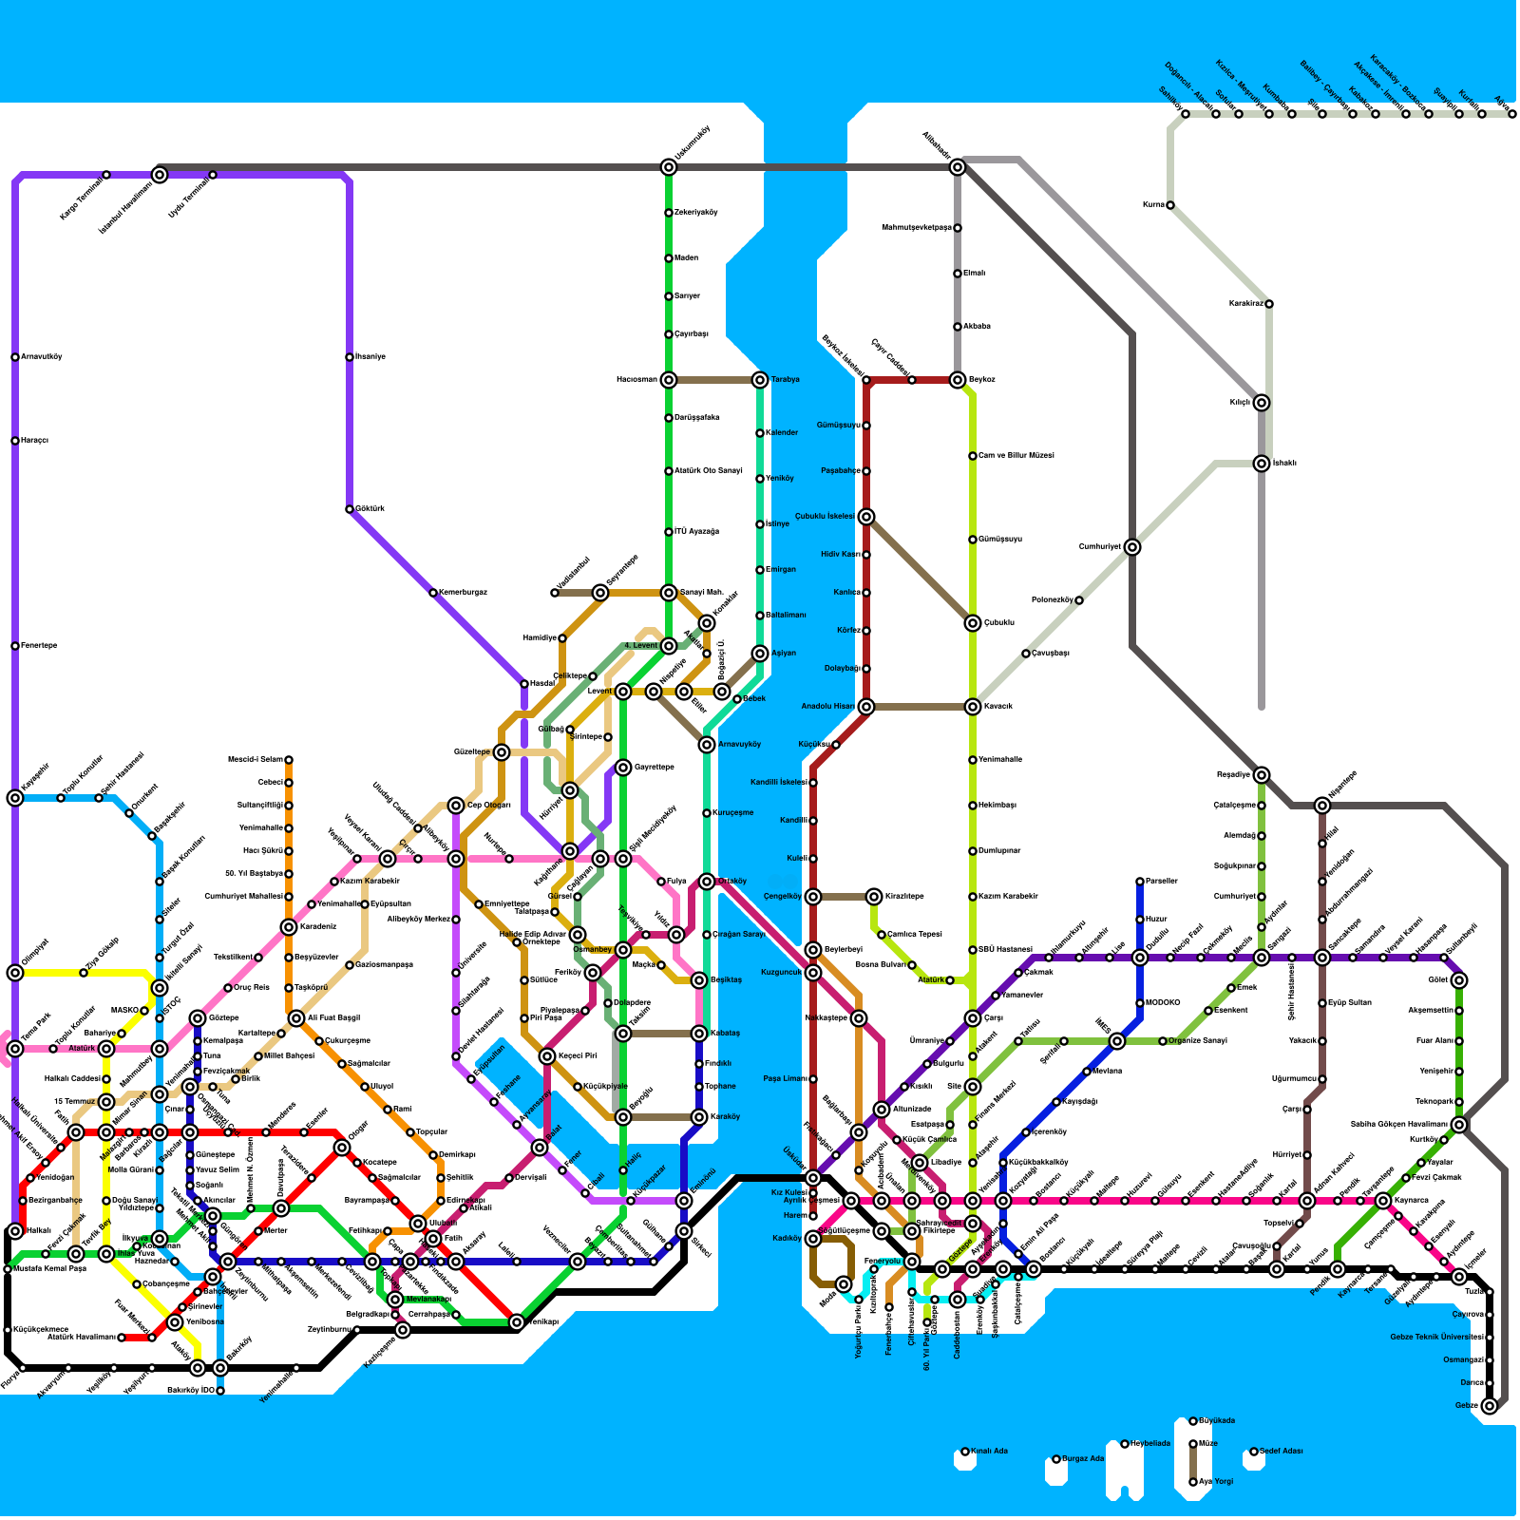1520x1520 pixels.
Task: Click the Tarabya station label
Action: [x=785, y=380]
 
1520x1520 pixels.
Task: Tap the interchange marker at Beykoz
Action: [x=958, y=380]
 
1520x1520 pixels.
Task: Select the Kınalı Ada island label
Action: [x=989, y=1451]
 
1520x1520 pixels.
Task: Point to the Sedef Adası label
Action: [x=1282, y=1451]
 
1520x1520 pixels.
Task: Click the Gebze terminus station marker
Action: [x=1490, y=1405]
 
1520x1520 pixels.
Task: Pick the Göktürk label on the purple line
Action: [x=370, y=509]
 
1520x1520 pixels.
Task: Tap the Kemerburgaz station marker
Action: [x=433, y=593]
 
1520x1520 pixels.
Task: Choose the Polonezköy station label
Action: [x=1052, y=600]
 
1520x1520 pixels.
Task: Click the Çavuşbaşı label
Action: [x=1051, y=654]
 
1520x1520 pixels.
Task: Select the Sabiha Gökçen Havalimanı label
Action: [x=1399, y=1124]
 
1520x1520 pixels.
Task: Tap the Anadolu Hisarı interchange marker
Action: [x=866, y=707]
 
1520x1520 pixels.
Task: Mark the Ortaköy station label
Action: [x=732, y=882]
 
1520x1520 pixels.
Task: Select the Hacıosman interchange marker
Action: [x=669, y=380]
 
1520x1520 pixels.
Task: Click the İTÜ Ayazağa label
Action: [x=697, y=532]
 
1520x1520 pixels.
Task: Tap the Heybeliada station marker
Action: [x=1125, y=1444]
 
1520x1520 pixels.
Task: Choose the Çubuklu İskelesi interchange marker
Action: [x=866, y=517]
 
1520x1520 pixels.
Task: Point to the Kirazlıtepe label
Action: [x=904, y=896]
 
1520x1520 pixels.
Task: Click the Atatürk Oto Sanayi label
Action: [x=709, y=471]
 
